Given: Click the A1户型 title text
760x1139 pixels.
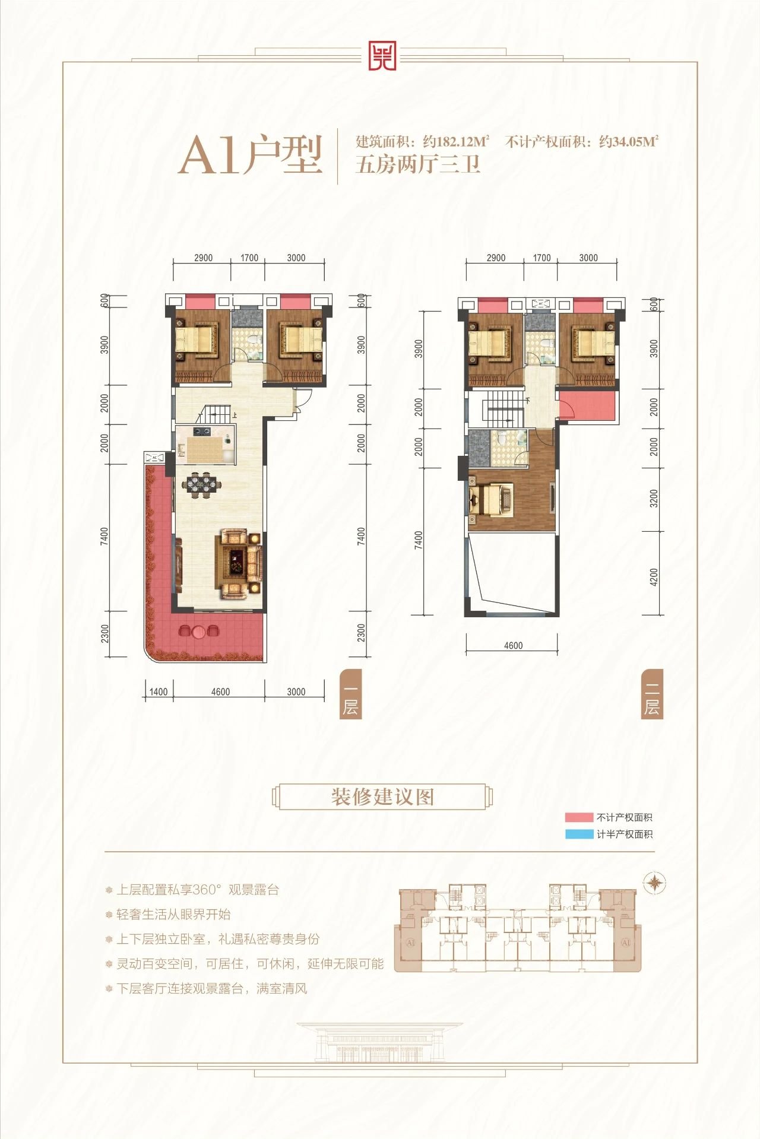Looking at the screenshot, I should (251, 156).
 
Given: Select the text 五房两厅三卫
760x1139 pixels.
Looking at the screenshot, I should (417, 163).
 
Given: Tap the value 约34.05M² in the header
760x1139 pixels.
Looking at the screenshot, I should (628, 142).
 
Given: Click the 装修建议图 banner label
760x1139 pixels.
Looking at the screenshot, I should (382, 797).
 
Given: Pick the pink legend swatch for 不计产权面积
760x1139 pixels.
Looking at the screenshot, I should (578, 817).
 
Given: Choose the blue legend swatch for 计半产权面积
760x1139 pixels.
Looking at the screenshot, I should (578, 834).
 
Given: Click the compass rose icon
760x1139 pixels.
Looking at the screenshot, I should (654, 883).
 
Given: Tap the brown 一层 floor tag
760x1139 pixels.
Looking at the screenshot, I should (350, 694).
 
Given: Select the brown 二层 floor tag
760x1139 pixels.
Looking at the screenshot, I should (651, 694).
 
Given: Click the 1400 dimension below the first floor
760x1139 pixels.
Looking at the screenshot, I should (159, 691).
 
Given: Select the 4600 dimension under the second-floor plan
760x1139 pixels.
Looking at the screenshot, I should (513, 646).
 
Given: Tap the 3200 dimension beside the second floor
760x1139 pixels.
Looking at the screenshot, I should (654, 498).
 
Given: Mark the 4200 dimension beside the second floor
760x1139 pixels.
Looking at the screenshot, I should (654, 577).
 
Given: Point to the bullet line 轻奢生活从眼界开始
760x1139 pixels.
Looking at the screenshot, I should (173, 914).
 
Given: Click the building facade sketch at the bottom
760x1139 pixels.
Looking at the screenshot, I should (380, 1042).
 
